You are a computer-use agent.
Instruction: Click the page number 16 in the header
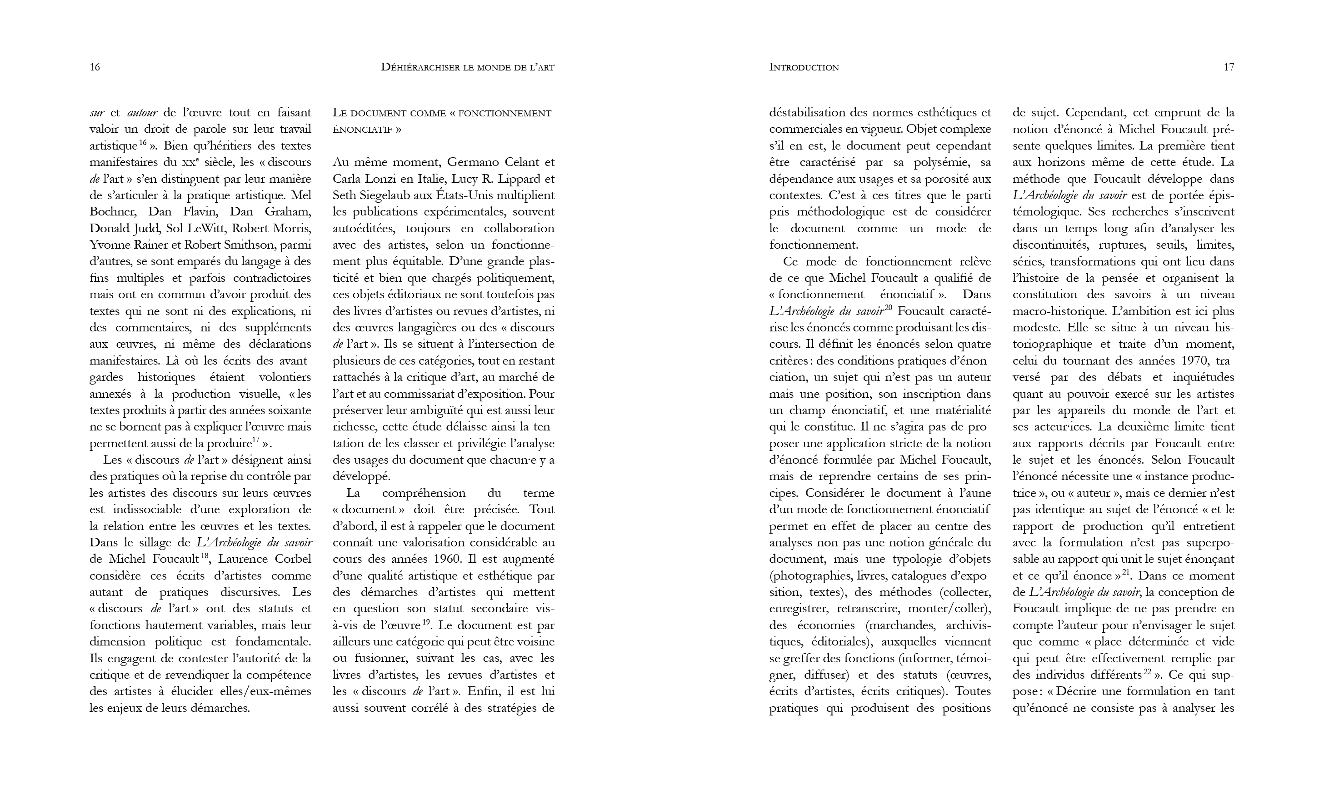95,67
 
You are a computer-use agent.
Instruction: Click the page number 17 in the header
1229,67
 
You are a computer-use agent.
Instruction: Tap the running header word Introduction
804,67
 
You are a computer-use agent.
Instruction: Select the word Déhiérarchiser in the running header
420,67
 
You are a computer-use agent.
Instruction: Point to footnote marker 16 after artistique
143,143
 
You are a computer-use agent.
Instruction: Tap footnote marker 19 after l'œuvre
427,622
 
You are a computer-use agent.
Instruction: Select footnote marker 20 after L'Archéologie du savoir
888,308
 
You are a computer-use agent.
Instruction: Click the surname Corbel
293,559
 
